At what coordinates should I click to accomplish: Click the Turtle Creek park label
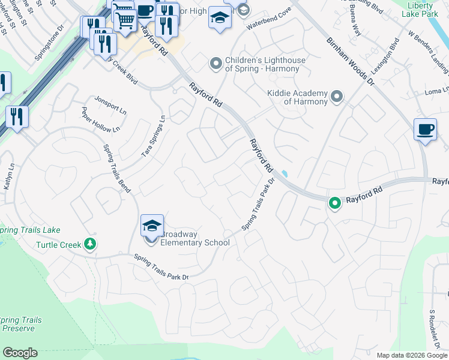(59, 245)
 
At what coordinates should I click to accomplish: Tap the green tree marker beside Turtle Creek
(90, 244)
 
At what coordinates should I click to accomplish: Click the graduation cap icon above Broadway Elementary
(152, 225)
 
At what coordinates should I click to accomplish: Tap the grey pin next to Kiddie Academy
(337, 96)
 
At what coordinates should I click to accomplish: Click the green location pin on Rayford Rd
(334, 203)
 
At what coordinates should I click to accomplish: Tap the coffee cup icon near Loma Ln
(425, 130)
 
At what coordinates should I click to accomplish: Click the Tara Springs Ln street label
(152, 136)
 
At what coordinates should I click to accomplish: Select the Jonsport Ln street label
(110, 104)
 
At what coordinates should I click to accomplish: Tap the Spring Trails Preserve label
(21, 324)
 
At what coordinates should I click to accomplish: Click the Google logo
(20, 353)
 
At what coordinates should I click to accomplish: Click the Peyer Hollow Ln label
(100, 120)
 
